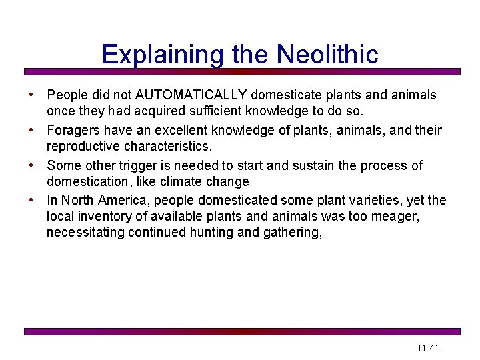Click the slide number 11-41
pyautogui.click(x=428, y=348)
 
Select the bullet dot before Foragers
pyautogui.click(x=32, y=131)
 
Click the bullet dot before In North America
pyautogui.click(x=32, y=201)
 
